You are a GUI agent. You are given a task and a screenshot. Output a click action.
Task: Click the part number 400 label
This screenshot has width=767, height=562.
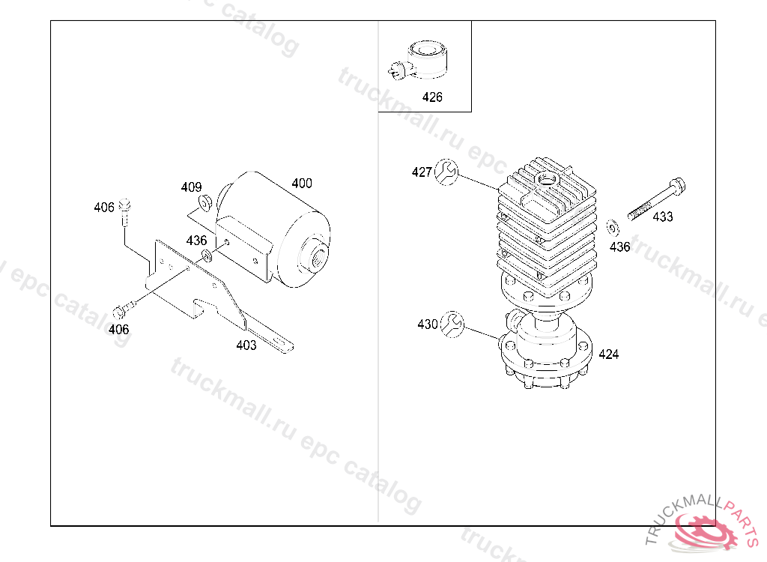pos(302,183)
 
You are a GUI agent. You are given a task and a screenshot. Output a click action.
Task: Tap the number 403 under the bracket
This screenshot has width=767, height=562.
pos(246,345)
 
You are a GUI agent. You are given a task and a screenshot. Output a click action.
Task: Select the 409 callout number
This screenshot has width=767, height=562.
pos(191,187)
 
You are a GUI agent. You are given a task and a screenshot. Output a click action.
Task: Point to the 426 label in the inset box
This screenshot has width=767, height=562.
pos(432,97)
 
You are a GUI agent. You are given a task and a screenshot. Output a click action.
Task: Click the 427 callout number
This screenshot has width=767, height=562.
pos(422,172)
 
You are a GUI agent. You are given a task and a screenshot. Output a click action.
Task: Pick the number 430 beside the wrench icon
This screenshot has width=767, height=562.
pos(428,324)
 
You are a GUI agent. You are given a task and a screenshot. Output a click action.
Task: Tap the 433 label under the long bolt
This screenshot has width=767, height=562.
pos(663,217)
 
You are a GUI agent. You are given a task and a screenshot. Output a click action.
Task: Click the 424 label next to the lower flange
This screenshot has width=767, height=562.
pos(608,354)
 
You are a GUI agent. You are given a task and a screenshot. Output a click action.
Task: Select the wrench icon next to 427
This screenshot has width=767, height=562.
pos(446,172)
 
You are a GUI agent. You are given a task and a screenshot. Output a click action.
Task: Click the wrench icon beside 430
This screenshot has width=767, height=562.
pos(452,324)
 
